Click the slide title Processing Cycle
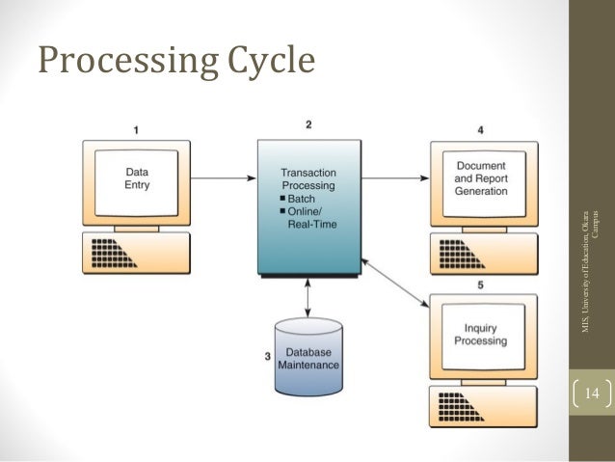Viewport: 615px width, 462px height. click(x=176, y=60)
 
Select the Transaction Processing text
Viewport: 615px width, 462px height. click(x=307, y=177)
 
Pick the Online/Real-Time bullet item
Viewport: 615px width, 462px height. click(x=307, y=217)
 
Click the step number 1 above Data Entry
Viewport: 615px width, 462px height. click(x=136, y=127)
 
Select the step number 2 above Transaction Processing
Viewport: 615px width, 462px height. click(x=307, y=123)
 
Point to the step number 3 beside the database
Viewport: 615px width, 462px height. click(x=267, y=356)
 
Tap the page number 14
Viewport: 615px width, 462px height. click(x=591, y=394)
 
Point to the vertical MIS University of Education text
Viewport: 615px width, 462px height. click(x=591, y=270)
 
